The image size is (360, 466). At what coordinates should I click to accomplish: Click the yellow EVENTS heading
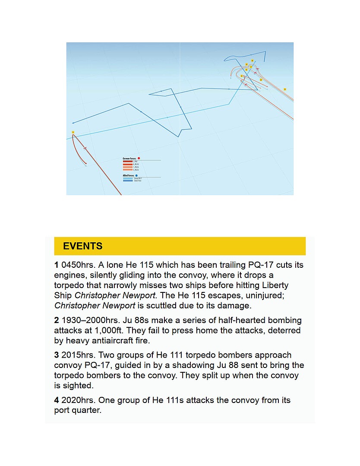pos(82,246)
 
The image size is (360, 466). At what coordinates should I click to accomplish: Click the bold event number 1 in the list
pos(57,265)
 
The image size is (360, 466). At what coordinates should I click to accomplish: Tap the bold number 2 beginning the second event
pos(57,320)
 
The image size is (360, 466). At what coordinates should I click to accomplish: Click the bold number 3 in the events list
pos(57,355)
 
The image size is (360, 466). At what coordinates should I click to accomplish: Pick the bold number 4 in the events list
pos(57,400)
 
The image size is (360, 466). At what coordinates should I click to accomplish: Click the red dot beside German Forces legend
pos(139,159)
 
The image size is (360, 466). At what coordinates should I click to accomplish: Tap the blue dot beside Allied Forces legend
pos(136,176)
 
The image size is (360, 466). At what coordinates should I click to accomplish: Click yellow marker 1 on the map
pos(73,132)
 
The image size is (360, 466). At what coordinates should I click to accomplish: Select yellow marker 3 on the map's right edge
pos(285,89)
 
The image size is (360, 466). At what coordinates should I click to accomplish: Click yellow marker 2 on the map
pos(242,76)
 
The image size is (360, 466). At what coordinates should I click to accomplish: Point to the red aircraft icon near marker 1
pos(85,148)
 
